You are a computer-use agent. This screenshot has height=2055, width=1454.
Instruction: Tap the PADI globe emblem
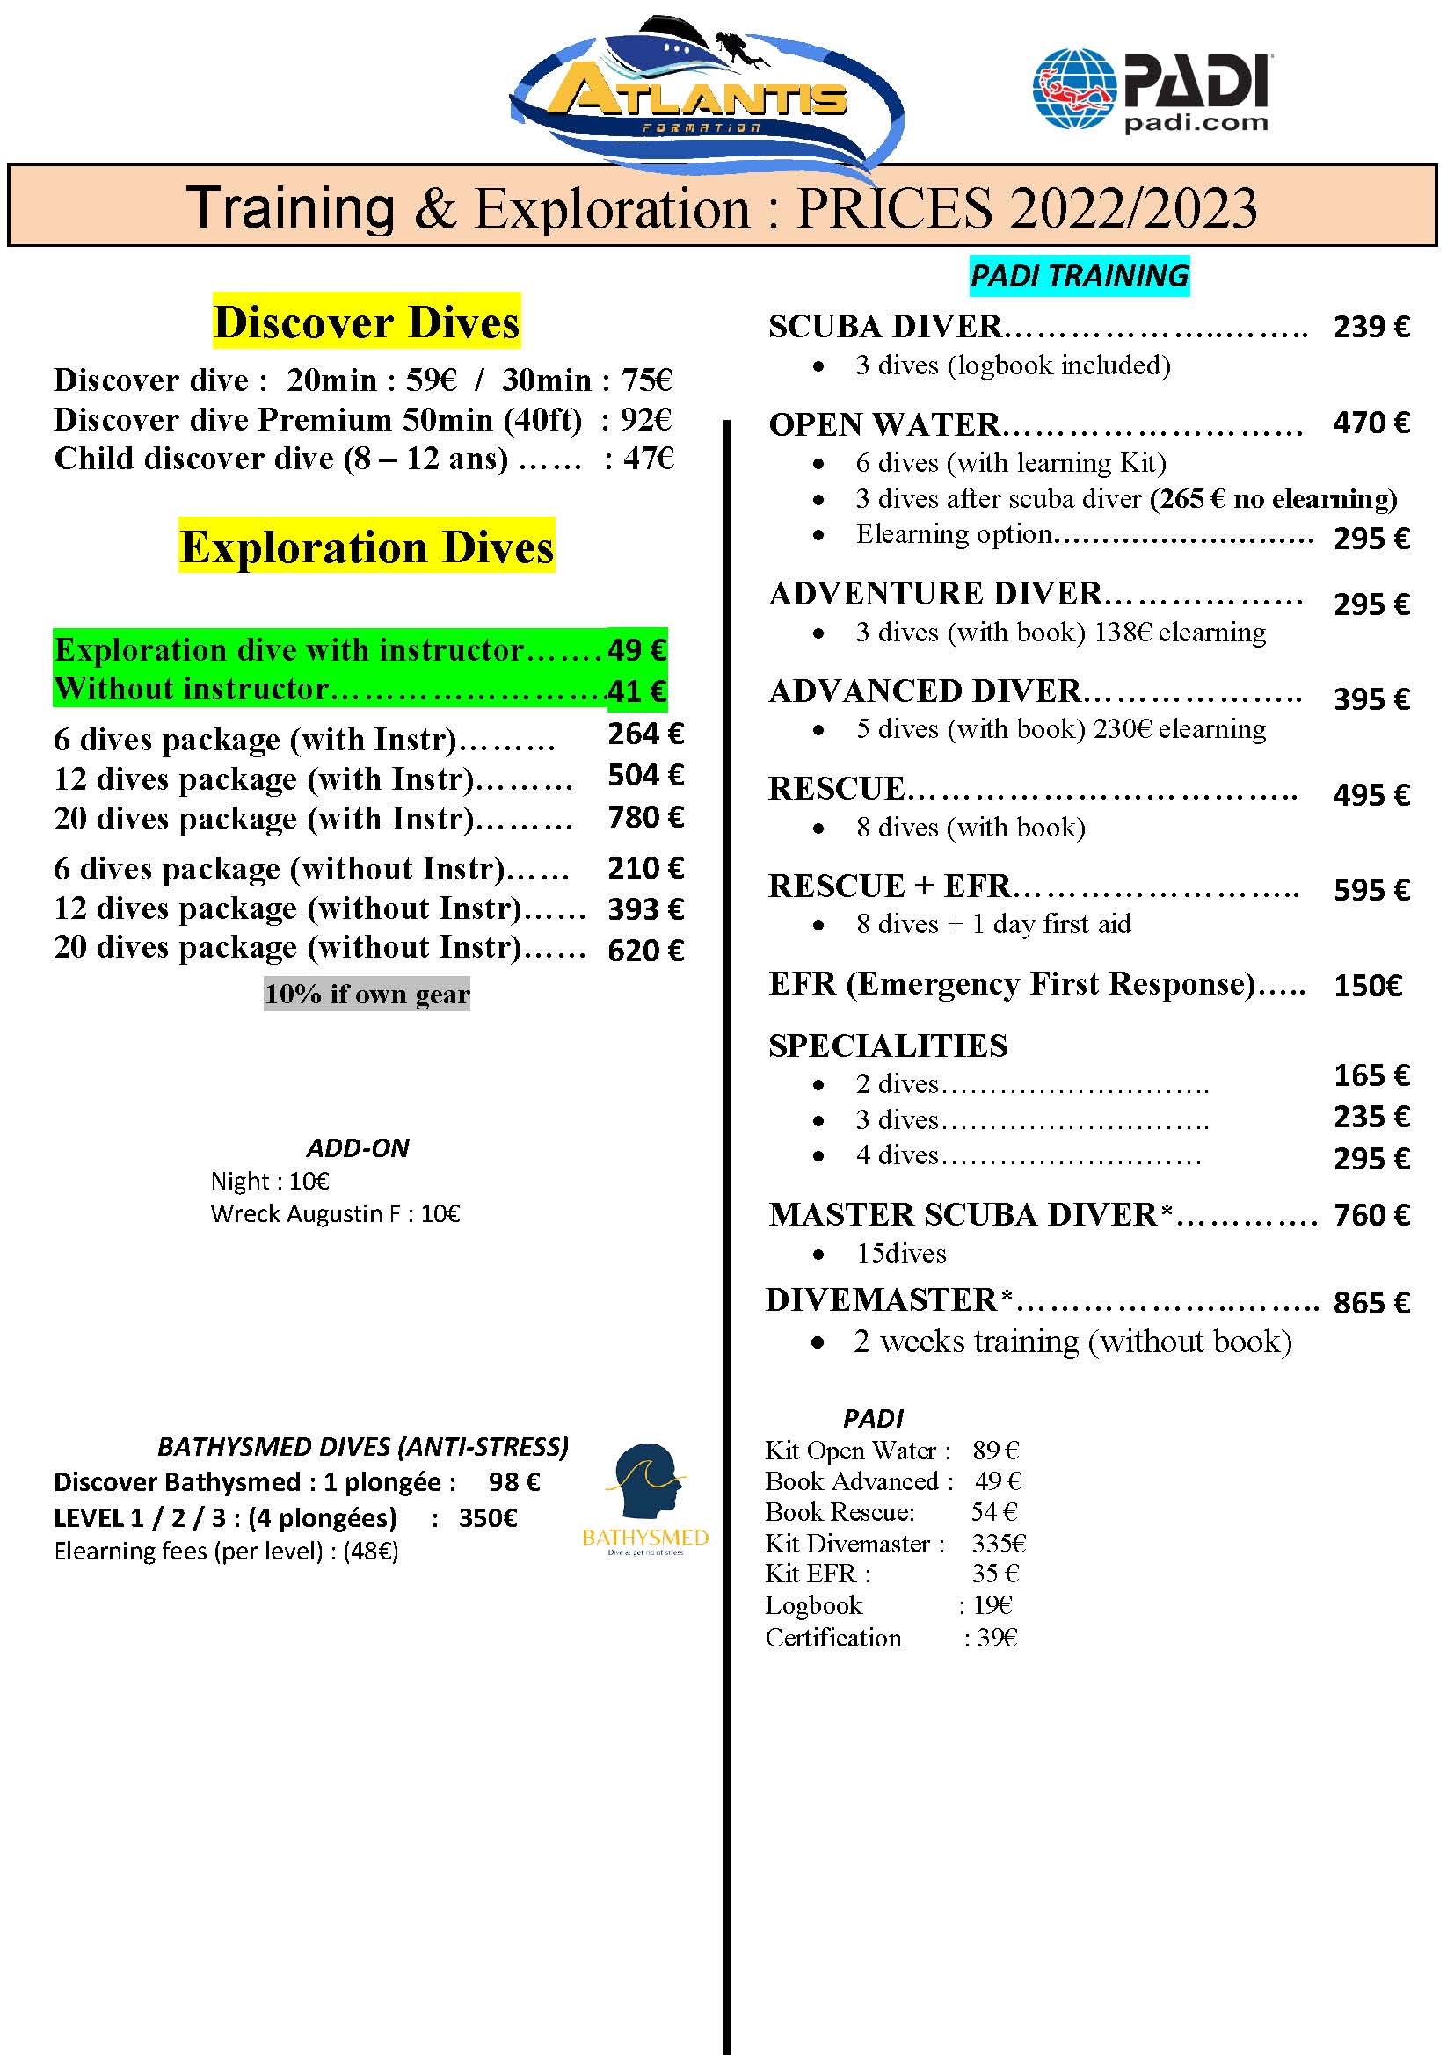(x=1072, y=89)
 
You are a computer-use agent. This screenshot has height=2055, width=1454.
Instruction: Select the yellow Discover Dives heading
(x=367, y=322)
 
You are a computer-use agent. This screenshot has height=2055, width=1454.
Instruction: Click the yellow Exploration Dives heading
(x=367, y=546)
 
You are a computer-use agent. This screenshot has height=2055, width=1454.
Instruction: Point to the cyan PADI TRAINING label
(x=1079, y=276)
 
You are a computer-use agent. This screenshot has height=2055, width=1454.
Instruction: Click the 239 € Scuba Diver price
(x=1370, y=328)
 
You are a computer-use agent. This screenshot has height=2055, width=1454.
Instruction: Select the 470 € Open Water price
(x=1370, y=423)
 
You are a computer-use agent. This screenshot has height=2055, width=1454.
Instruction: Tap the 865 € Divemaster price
(x=1370, y=1303)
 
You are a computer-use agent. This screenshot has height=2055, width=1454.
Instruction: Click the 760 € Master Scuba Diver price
(x=1370, y=1215)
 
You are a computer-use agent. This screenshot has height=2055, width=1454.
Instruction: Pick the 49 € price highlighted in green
(x=636, y=650)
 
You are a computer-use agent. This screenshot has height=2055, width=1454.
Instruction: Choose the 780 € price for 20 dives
(x=645, y=817)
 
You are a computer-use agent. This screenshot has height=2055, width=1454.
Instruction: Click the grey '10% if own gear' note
(x=367, y=995)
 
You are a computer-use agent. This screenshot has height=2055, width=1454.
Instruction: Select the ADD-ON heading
(x=358, y=1148)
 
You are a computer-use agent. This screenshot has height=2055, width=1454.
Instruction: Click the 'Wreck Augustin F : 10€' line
(x=335, y=1213)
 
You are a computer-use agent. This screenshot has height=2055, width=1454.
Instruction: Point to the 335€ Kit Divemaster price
(x=999, y=1543)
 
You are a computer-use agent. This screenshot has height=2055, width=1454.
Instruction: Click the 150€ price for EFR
(x=1367, y=987)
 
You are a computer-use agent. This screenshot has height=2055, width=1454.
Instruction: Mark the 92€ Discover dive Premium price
(x=645, y=420)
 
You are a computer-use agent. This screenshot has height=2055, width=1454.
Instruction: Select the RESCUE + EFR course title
(x=889, y=886)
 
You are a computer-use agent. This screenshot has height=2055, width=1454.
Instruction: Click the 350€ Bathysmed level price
(x=488, y=1518)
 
